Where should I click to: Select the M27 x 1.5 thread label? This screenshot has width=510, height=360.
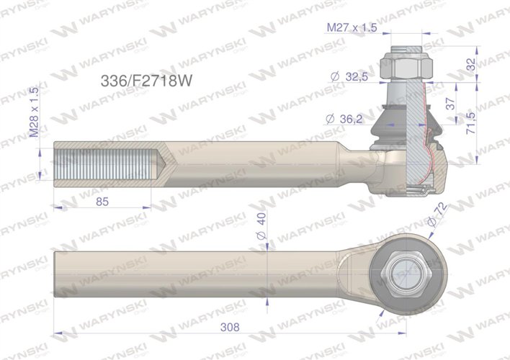click(x=352, y=27)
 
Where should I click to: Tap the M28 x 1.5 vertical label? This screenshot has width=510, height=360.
click(x=34, y=112)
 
